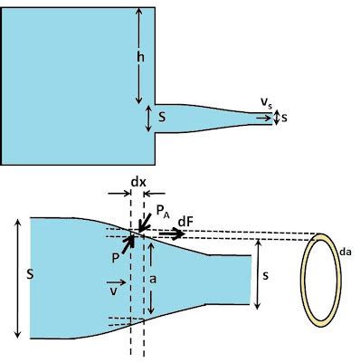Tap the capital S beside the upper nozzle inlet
(162, 117)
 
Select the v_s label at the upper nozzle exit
(267, 107)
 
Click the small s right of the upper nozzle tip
(284, 119)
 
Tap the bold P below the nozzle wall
(117, 256)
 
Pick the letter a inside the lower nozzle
(154, 281)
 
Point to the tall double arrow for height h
(139, 53)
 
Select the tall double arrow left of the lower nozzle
(16, 278)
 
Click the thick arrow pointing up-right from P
(128, 242)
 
